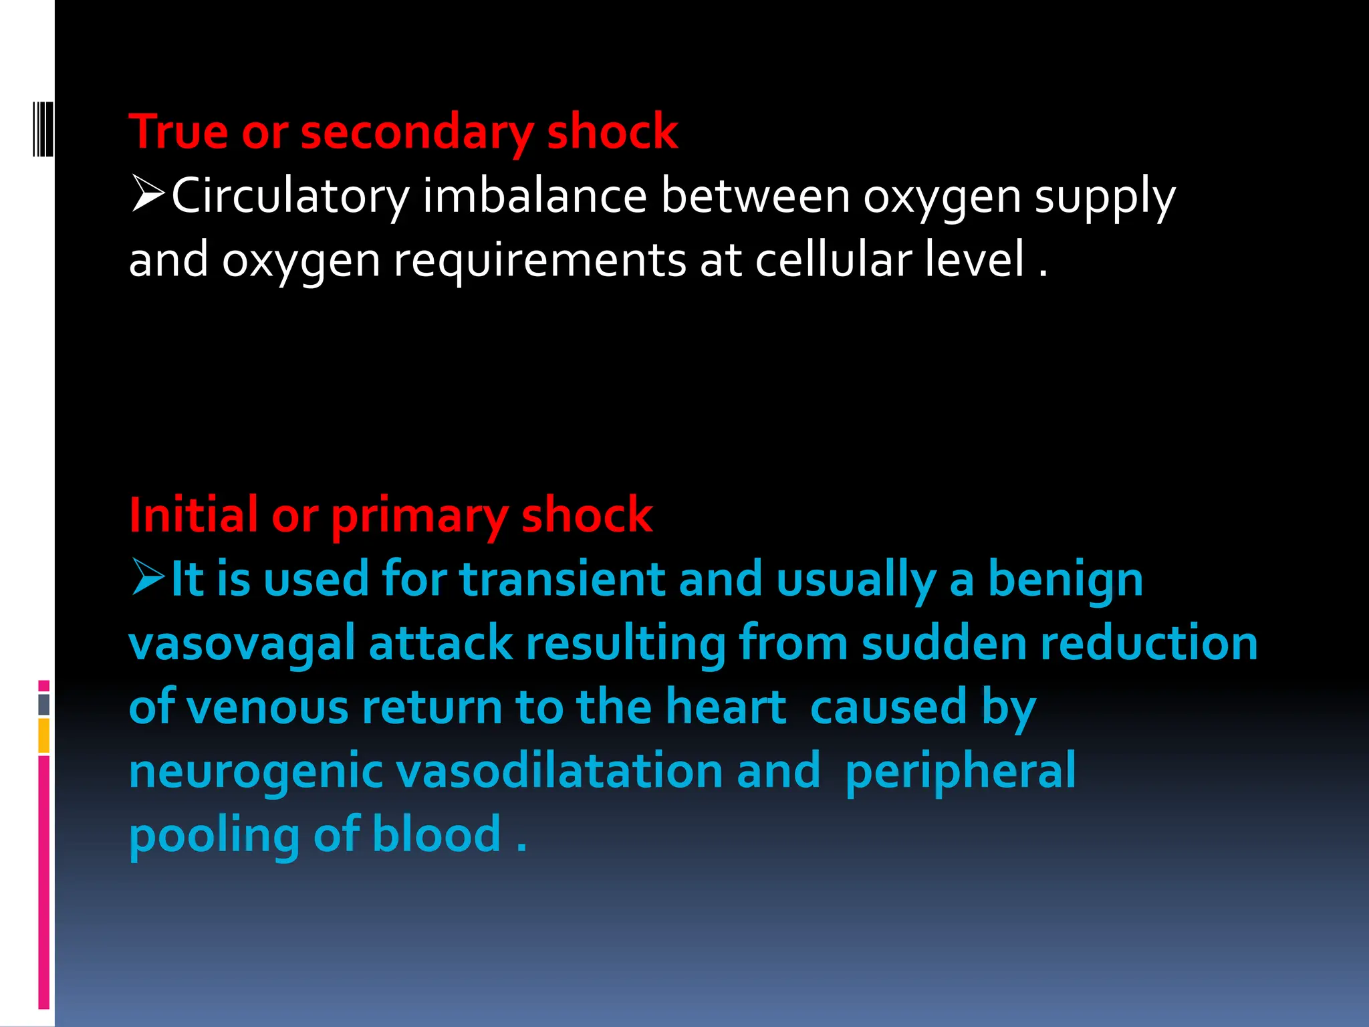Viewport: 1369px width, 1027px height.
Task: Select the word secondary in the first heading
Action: [416, 133]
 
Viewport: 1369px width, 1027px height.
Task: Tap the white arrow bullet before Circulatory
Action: [148, 194]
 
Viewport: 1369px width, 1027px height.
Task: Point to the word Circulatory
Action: [290, 197]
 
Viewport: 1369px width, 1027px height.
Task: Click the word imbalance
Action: [535, 197]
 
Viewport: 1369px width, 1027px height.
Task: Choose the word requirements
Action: [539, 261]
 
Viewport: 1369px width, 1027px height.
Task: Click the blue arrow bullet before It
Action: [148, 577]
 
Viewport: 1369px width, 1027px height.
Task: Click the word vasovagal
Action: [241, 644]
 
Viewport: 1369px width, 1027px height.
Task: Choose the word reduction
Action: [1149, 643]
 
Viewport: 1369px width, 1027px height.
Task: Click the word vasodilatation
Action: [559, 771]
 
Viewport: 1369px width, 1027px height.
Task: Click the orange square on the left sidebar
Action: [44, 735]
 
